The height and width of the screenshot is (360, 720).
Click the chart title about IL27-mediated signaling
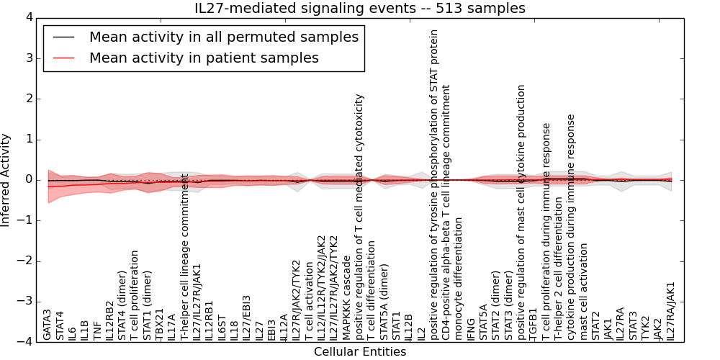tap(360, 8)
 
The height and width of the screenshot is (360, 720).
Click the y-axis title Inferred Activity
tap(6, 179)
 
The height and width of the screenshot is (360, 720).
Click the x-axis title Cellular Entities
tap(360, 352)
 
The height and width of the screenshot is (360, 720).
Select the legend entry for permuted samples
tap(223, 37)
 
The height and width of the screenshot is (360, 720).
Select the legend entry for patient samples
tap(204, 58)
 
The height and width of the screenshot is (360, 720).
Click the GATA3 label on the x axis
tap(48, 324)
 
